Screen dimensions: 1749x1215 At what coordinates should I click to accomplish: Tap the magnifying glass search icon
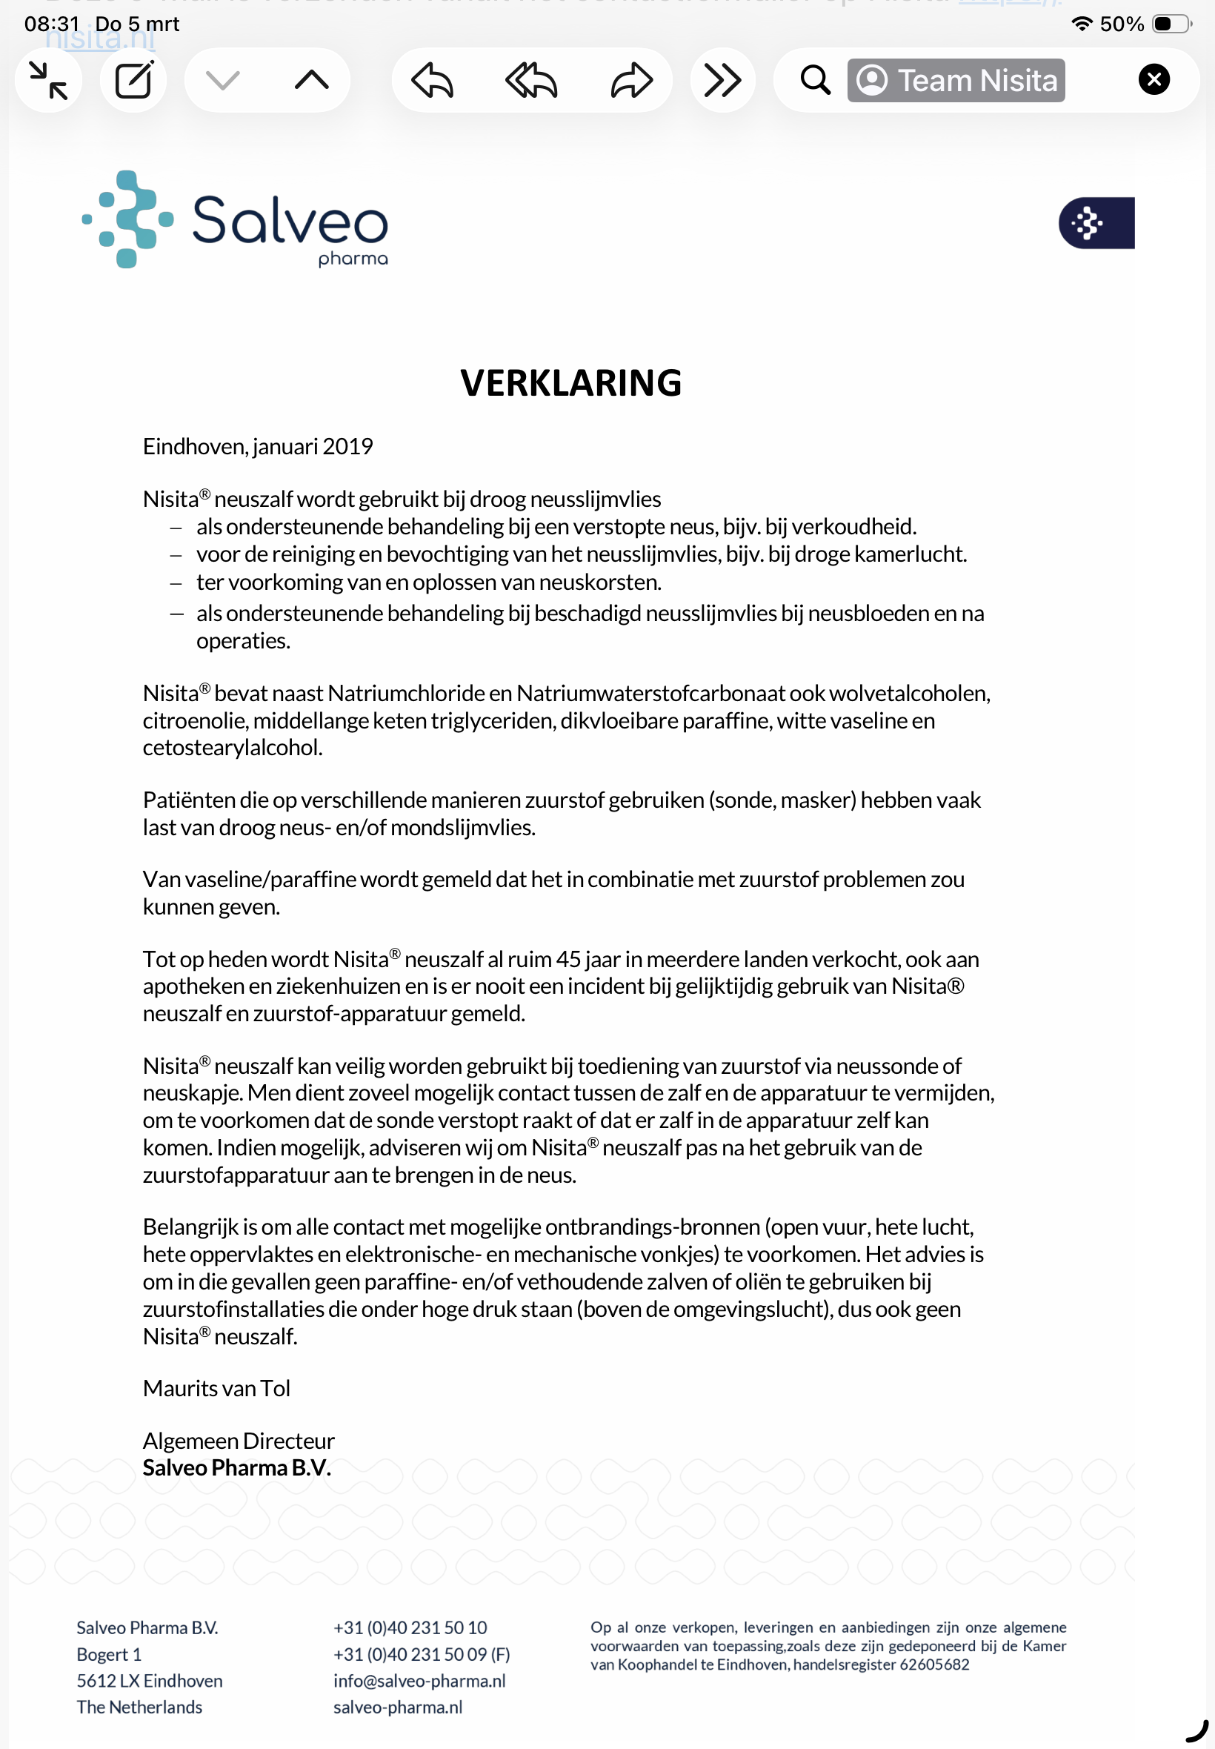pos(814,80)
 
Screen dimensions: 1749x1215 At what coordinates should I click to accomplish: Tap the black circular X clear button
pos(1154,79)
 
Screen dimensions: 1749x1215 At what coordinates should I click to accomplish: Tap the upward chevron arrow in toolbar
pos(311,80)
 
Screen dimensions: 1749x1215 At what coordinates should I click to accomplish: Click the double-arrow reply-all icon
pos(531,80)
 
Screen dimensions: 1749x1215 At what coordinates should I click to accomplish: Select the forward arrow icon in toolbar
pos(631,80)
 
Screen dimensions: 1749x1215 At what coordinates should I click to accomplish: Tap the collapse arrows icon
pos(49,80)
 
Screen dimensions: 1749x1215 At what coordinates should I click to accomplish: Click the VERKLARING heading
pos(570,383)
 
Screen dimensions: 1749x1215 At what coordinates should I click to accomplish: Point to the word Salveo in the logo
pos(289,219)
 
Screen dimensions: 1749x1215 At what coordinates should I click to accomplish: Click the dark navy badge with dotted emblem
pos(1096,223)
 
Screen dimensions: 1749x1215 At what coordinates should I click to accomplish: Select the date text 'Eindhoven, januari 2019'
pos(257,446)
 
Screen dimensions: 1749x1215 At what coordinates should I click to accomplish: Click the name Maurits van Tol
pos(216,1388)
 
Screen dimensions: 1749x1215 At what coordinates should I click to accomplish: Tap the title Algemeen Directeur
pos(239,1441)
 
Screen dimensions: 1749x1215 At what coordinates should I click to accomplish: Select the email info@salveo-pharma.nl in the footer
pos(419,1681)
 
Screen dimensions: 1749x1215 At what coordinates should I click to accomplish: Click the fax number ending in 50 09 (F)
pos(421,1654)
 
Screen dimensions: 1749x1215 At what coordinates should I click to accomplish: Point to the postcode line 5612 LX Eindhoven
pos(149,1681)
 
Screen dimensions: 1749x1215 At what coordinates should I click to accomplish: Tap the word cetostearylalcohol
pos(232,748)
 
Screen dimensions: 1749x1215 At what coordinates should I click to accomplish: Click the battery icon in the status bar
pos(1171,24)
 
